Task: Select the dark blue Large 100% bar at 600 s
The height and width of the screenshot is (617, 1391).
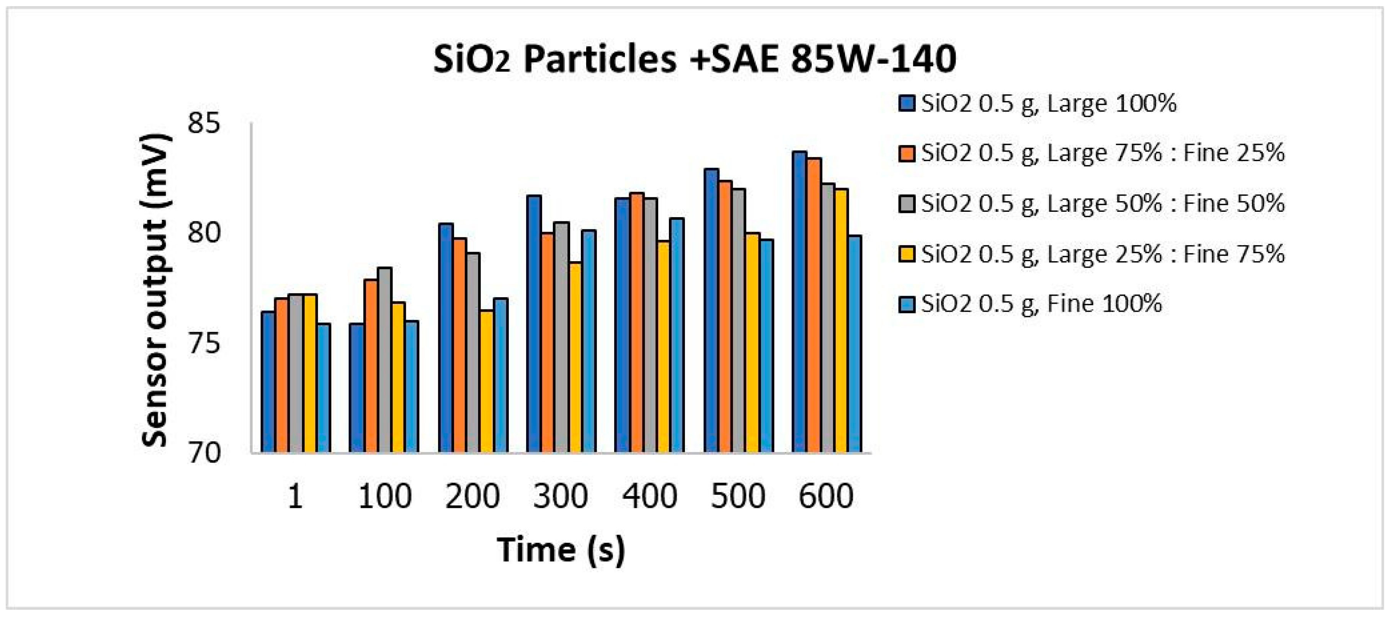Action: tap(799, 303)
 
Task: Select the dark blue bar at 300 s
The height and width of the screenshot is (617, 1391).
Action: tap(534, 324)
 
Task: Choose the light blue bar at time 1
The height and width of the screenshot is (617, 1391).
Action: tap(324, 388)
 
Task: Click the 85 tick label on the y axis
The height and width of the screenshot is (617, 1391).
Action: tap(204, 124)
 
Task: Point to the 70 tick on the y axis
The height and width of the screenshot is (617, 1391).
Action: tap(204, 453)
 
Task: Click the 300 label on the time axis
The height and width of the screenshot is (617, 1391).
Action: tap(560, 496)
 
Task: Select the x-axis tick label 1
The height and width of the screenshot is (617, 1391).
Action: tap(295, 496)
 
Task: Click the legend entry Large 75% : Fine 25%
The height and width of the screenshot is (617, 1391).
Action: tap(1102, 154)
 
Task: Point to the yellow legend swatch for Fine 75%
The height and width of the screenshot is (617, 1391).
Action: tap(907, 254)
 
